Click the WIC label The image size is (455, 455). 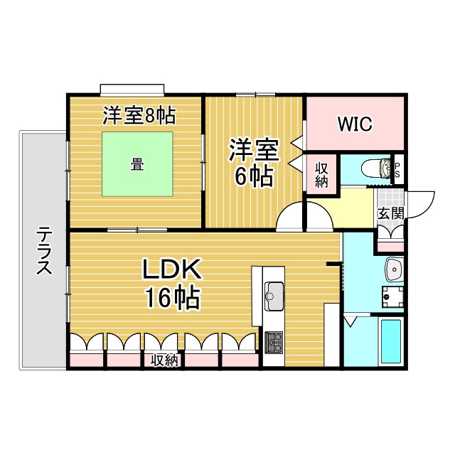(x=355, y=124)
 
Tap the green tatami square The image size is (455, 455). (x=137, y=164)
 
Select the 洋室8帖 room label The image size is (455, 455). (x=139, y=115)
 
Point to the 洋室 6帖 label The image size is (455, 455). (x=253, y=162)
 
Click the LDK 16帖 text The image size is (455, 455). (x=172, y=283)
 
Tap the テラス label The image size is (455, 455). (x=44, y=251)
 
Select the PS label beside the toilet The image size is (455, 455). (x=397, y=170)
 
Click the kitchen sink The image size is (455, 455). (x=274, y=296)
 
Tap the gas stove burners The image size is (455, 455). (x=274, y=343)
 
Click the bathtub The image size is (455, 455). (x=391, y=341)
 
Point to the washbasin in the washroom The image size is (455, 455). (x=394, y=269)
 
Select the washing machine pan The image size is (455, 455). (x=392, y=297)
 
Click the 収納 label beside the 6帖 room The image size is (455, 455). (x=321, y=175)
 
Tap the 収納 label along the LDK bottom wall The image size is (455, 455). (x=164, y=360)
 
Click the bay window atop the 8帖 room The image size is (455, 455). (x=132, y=90)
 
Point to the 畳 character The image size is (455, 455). (x=137, y=164)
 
